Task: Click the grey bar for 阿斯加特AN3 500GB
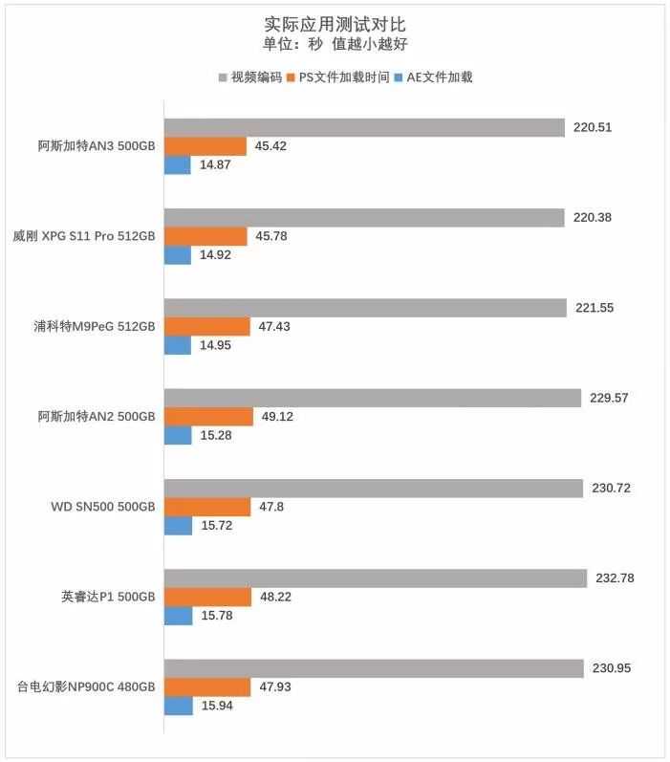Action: click(x=364, y=128)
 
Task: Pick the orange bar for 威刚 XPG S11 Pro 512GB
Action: click(x=205, y=236)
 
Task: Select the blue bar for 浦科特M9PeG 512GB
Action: click(x=178, y=345)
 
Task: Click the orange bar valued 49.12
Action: click(x=208, y=416)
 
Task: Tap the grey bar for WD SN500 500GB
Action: click(x=373, y=489)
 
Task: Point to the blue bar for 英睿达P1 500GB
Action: click(x=178, y=616)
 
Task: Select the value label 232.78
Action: click(x=614, y=578)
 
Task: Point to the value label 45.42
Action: click(x=271, y=146)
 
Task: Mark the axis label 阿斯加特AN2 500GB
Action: click(x=97, y=416)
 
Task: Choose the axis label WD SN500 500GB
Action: click(x=102, y=507)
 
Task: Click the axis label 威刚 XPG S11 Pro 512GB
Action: click(x=84, y=236)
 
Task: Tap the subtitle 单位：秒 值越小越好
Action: click(x=335, y=44)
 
